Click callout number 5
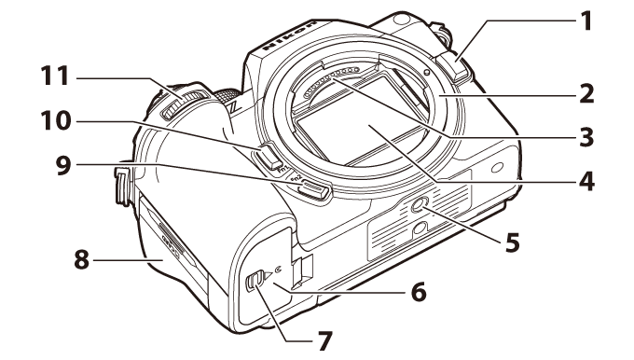click(x=513, y=242)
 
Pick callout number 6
click(x=419, y=291)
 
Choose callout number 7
click(x=324, y=341)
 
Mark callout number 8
click(x=82, y=259)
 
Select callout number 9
click(x=63, y=165)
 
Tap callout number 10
click(x=56, y=120)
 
